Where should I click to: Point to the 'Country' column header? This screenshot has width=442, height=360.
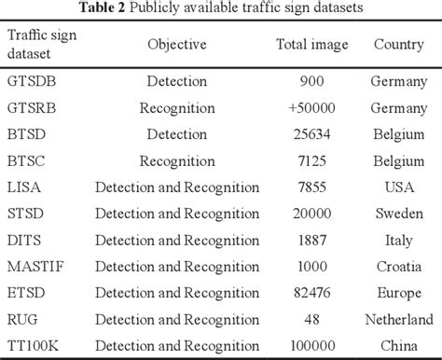399,45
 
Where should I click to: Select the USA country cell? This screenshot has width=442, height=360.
399,187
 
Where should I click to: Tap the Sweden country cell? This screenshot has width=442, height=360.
399,215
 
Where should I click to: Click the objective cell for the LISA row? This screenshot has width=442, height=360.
178,187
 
